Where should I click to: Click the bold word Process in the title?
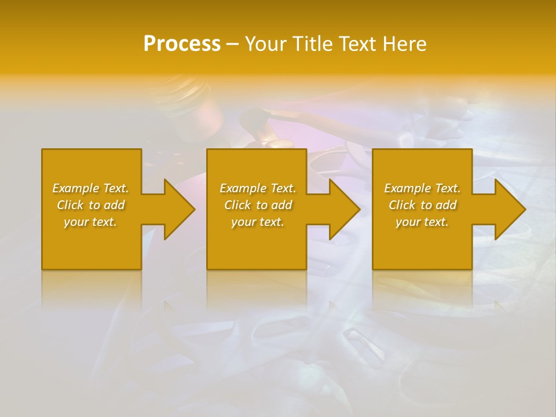tap(182, 44)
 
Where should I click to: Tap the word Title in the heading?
tap(313, 44)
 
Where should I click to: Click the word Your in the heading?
tap(266, 44)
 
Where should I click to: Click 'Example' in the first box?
tap(75, 188)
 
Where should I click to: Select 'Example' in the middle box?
tap(243, 188)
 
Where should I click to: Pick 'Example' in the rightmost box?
tap(407, 188)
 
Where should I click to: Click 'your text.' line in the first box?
tap(90, 222)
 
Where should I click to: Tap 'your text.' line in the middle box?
tap(257, 222)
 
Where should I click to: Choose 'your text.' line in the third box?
tap(422, 222)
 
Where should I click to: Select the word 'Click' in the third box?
tap(402, 205)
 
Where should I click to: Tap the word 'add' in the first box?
tap(115, 205)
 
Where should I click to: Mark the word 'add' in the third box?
tap(447, 205)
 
